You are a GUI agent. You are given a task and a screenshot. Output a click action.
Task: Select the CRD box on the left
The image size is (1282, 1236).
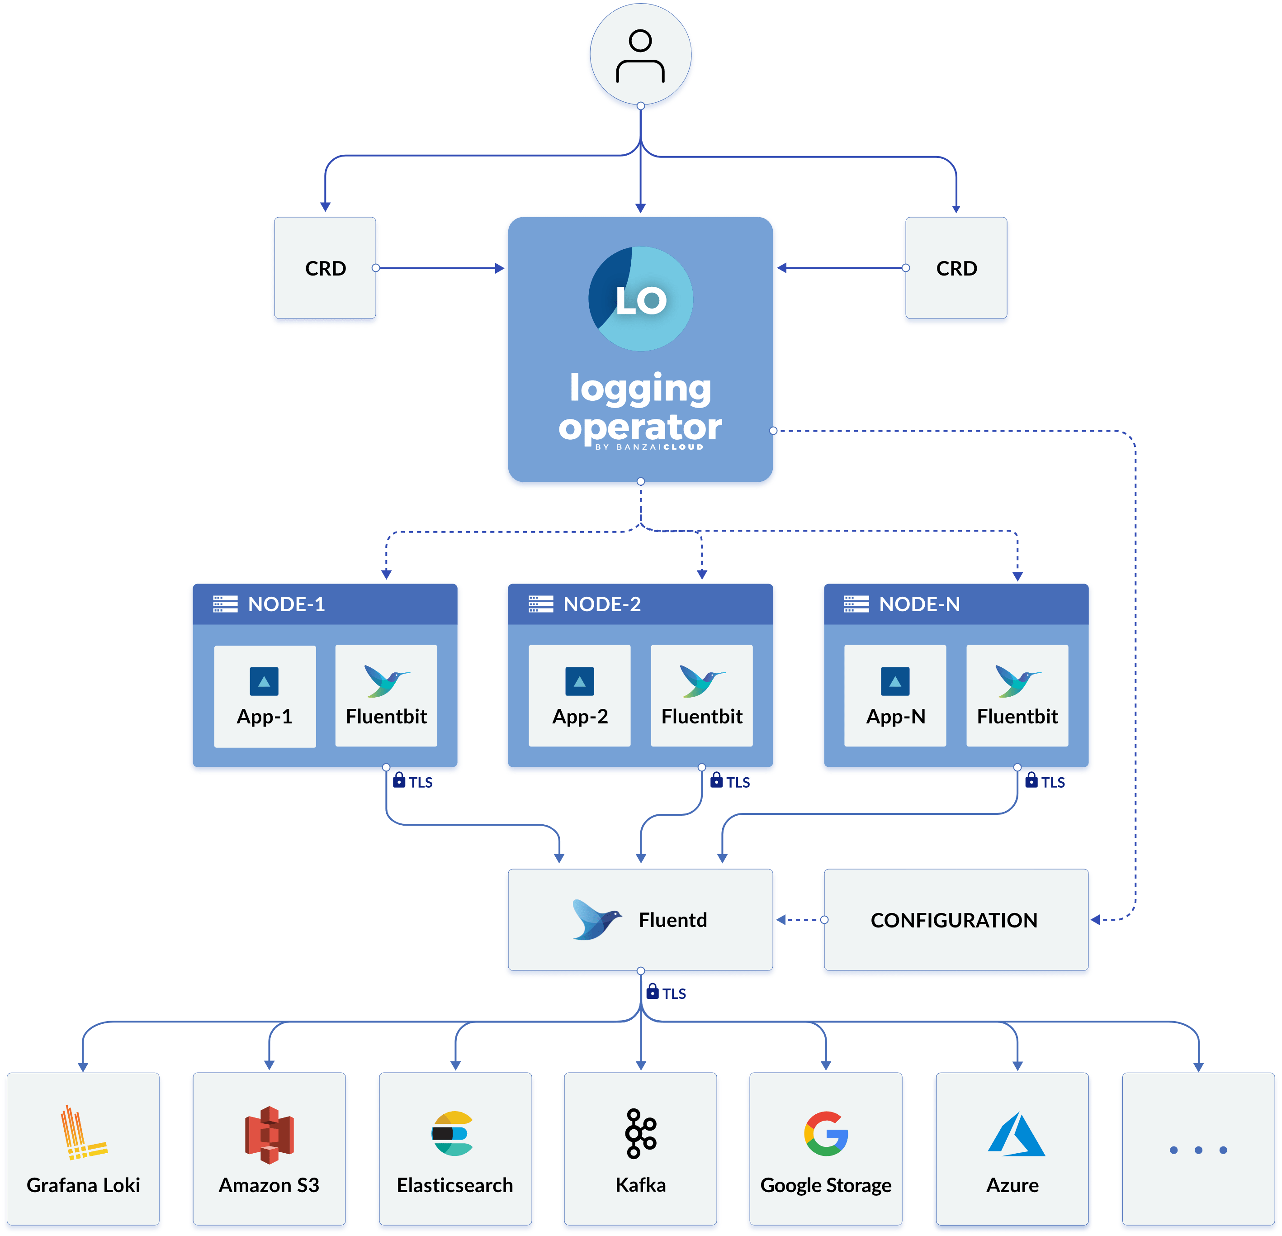tap(325, 269)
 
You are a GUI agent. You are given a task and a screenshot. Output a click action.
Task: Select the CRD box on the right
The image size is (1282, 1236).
tap(956, 269)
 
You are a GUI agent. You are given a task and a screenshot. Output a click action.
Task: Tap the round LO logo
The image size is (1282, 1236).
tap(640, 299)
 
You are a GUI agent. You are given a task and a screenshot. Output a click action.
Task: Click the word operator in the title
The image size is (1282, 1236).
tap(640, 428)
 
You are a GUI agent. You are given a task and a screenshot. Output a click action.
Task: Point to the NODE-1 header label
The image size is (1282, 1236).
tap(287, 604)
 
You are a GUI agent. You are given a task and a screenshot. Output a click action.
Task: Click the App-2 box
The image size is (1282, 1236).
tap(580, 695)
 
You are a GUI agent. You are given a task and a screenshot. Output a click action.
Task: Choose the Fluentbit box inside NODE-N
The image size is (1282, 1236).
tap(1017, 695)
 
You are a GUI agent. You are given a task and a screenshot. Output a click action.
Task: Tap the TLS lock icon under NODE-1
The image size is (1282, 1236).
tap(399, 780)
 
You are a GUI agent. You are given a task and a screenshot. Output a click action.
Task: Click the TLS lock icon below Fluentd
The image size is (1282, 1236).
tap(652, 991)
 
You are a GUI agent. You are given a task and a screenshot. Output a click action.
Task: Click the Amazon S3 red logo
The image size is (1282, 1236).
tap(269, 1135)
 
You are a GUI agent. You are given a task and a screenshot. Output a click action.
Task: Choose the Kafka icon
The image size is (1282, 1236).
tap(640, 1133)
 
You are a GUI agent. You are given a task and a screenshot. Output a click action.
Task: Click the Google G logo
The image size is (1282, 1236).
tap(826, 1134)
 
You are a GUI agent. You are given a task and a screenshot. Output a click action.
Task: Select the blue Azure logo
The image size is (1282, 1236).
tap(1015, 1135)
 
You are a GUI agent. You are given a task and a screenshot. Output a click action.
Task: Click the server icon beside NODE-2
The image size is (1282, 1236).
tap(541, 604)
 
